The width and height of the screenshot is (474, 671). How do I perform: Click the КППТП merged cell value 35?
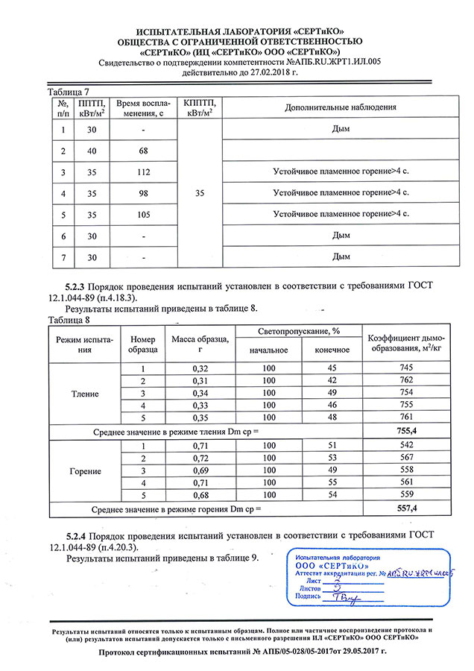click(199, 193)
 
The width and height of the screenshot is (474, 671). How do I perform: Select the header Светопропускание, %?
click(299, 331)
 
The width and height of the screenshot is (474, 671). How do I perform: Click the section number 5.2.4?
click(80, 536)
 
